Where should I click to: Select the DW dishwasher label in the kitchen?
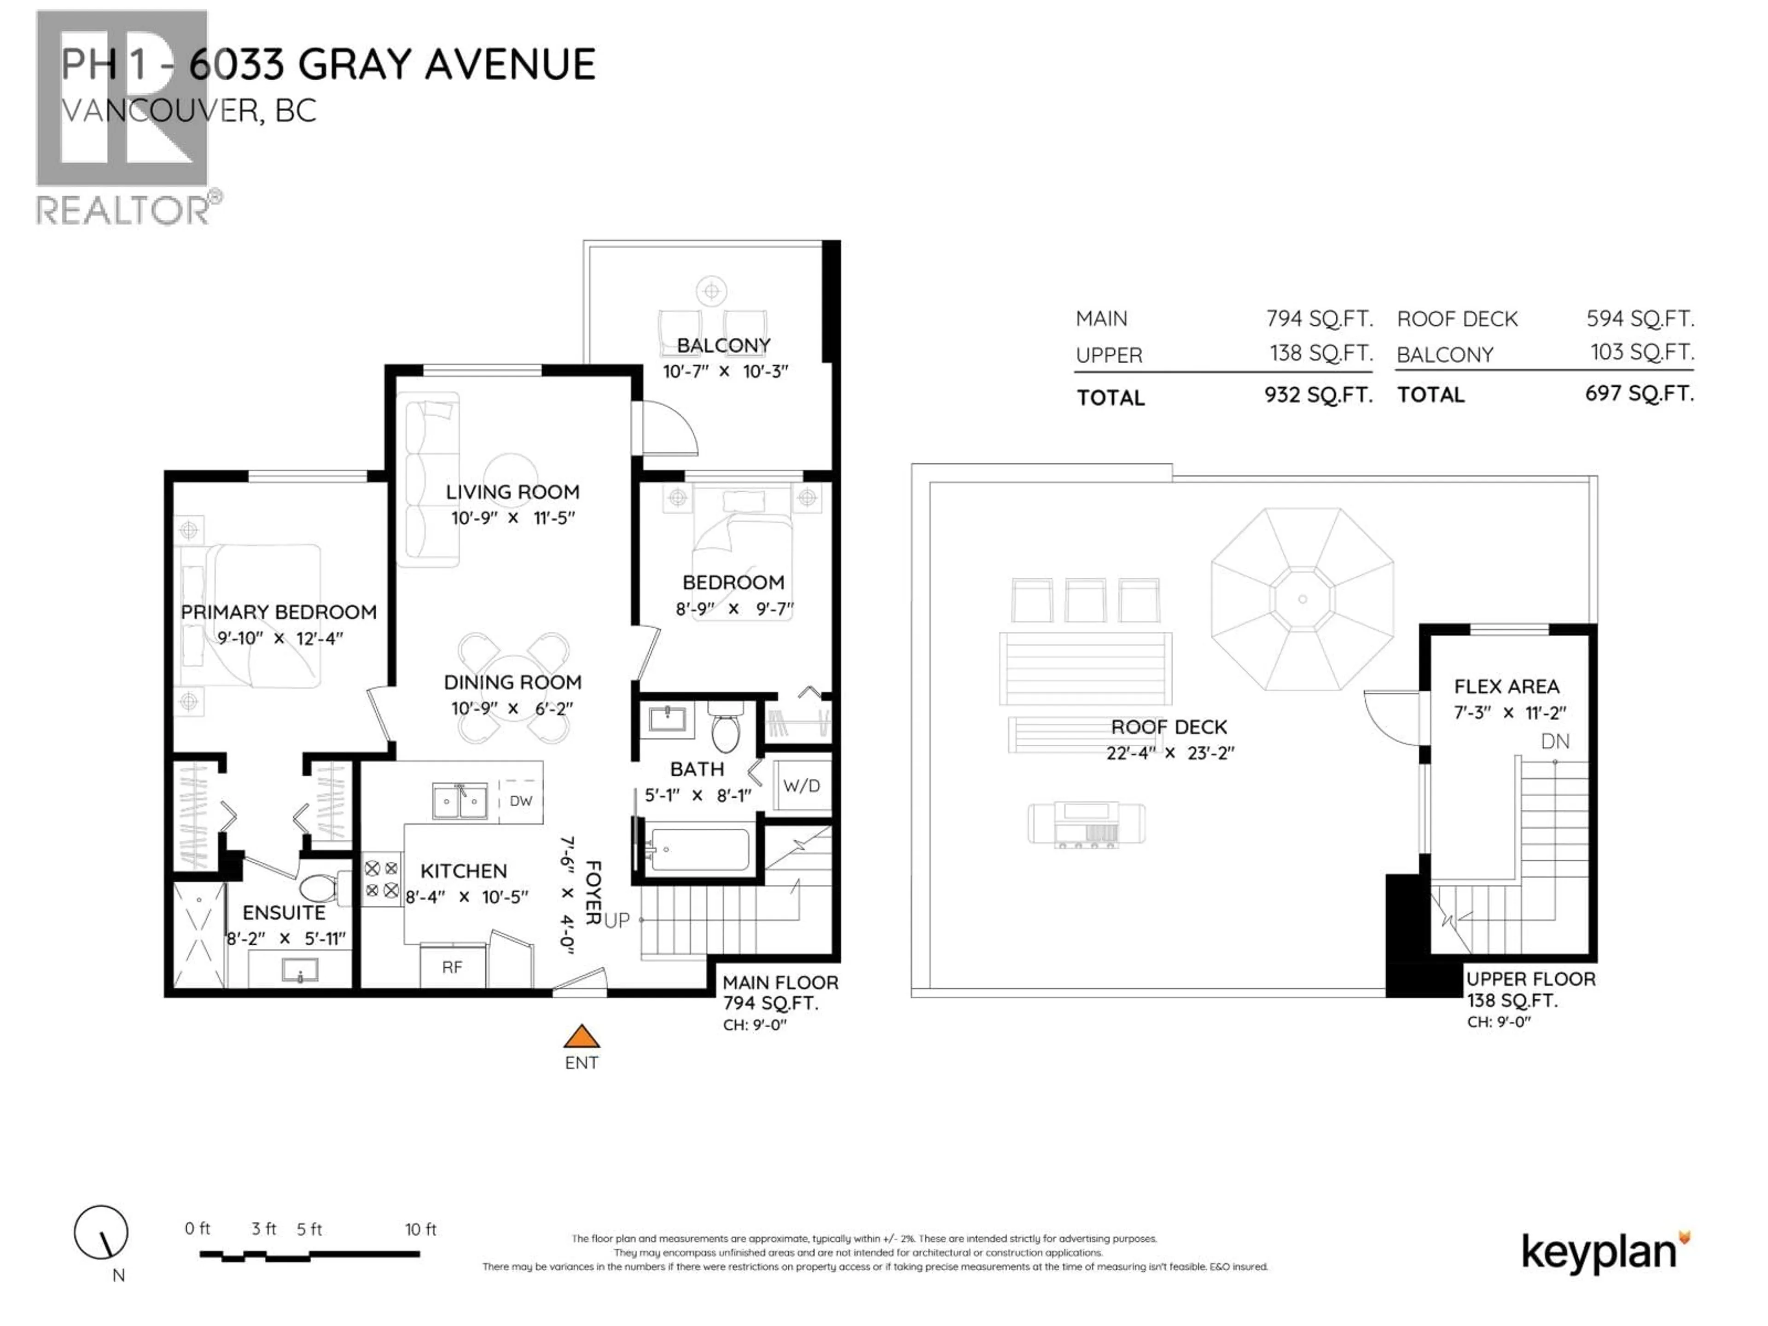520,801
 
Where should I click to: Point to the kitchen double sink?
459,801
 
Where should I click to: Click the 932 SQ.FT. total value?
1318,395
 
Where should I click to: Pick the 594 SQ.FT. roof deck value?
1640,319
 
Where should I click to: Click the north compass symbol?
101,1233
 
